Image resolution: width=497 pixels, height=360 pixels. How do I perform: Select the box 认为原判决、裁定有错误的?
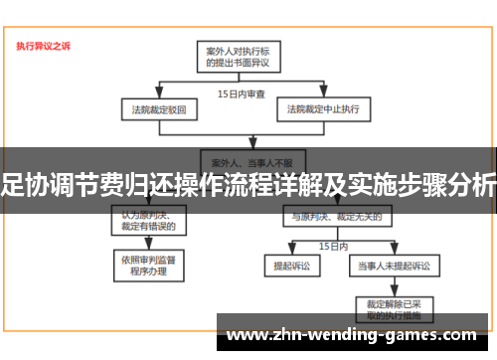point(148,220)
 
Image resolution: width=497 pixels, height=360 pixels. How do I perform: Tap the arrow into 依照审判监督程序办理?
point(148,247)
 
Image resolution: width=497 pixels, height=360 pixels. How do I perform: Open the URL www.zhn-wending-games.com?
point(358,334)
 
